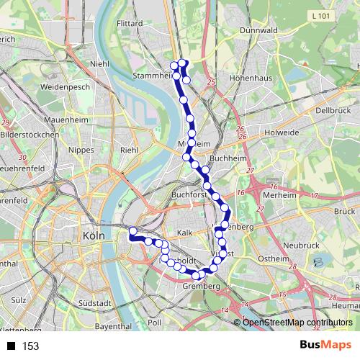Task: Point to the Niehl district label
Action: tap(99, 63)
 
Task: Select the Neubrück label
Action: tap(302, 246)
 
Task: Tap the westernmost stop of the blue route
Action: tap(132, 231)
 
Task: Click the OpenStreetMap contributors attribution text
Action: tap(292, 322)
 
